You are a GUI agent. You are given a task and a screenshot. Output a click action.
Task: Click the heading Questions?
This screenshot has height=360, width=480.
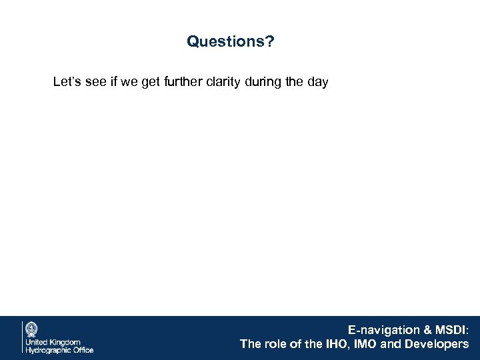(x=230, y=42)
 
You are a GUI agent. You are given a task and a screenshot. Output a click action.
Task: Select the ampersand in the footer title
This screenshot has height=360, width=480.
(x=422, y=329)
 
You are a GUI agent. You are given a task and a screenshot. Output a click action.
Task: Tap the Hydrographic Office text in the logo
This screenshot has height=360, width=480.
(x=59, y=349)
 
